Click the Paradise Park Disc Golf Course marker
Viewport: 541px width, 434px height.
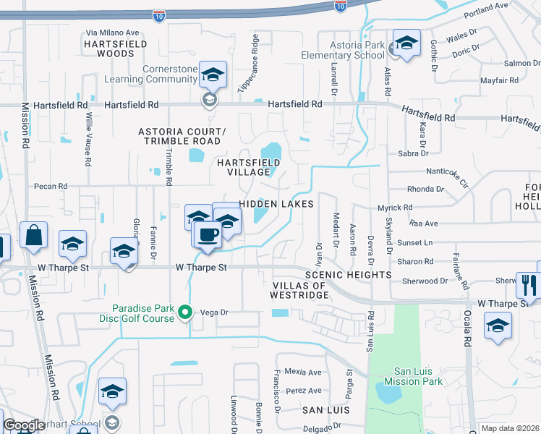185,312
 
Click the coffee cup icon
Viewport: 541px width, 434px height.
208,234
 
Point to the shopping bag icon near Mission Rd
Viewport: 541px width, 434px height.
34,235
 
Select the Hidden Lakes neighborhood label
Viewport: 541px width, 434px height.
276,204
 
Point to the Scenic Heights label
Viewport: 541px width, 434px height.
348,276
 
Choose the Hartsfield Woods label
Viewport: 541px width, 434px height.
116,48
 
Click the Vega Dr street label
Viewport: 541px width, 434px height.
214,312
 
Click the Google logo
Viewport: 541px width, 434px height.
24,425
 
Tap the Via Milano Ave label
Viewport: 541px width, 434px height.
112,33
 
